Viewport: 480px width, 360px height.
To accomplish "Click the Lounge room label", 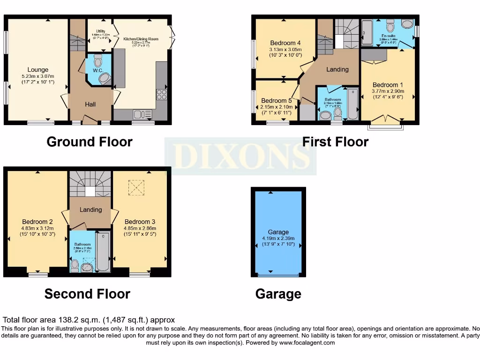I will (38, 70).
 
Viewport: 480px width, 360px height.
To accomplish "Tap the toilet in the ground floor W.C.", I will (98, 61).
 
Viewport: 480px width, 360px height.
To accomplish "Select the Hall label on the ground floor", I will (90, 104).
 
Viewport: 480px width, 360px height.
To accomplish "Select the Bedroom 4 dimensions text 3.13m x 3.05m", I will (285, 49).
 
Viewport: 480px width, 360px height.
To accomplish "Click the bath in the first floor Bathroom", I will (352, 104).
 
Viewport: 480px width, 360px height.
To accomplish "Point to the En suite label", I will (388, 36).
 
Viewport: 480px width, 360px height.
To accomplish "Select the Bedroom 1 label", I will (388, 85).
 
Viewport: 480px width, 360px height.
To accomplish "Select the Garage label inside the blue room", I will (278, 232).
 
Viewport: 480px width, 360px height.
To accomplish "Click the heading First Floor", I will (335, 141).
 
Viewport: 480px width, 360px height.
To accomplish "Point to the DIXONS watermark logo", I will (240, 157).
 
